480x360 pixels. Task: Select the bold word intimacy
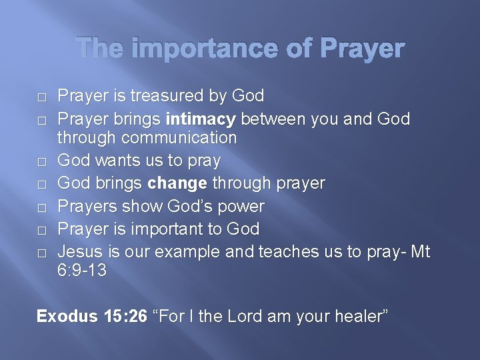tap(201, 119)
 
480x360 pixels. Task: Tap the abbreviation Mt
tap(420, 251)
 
